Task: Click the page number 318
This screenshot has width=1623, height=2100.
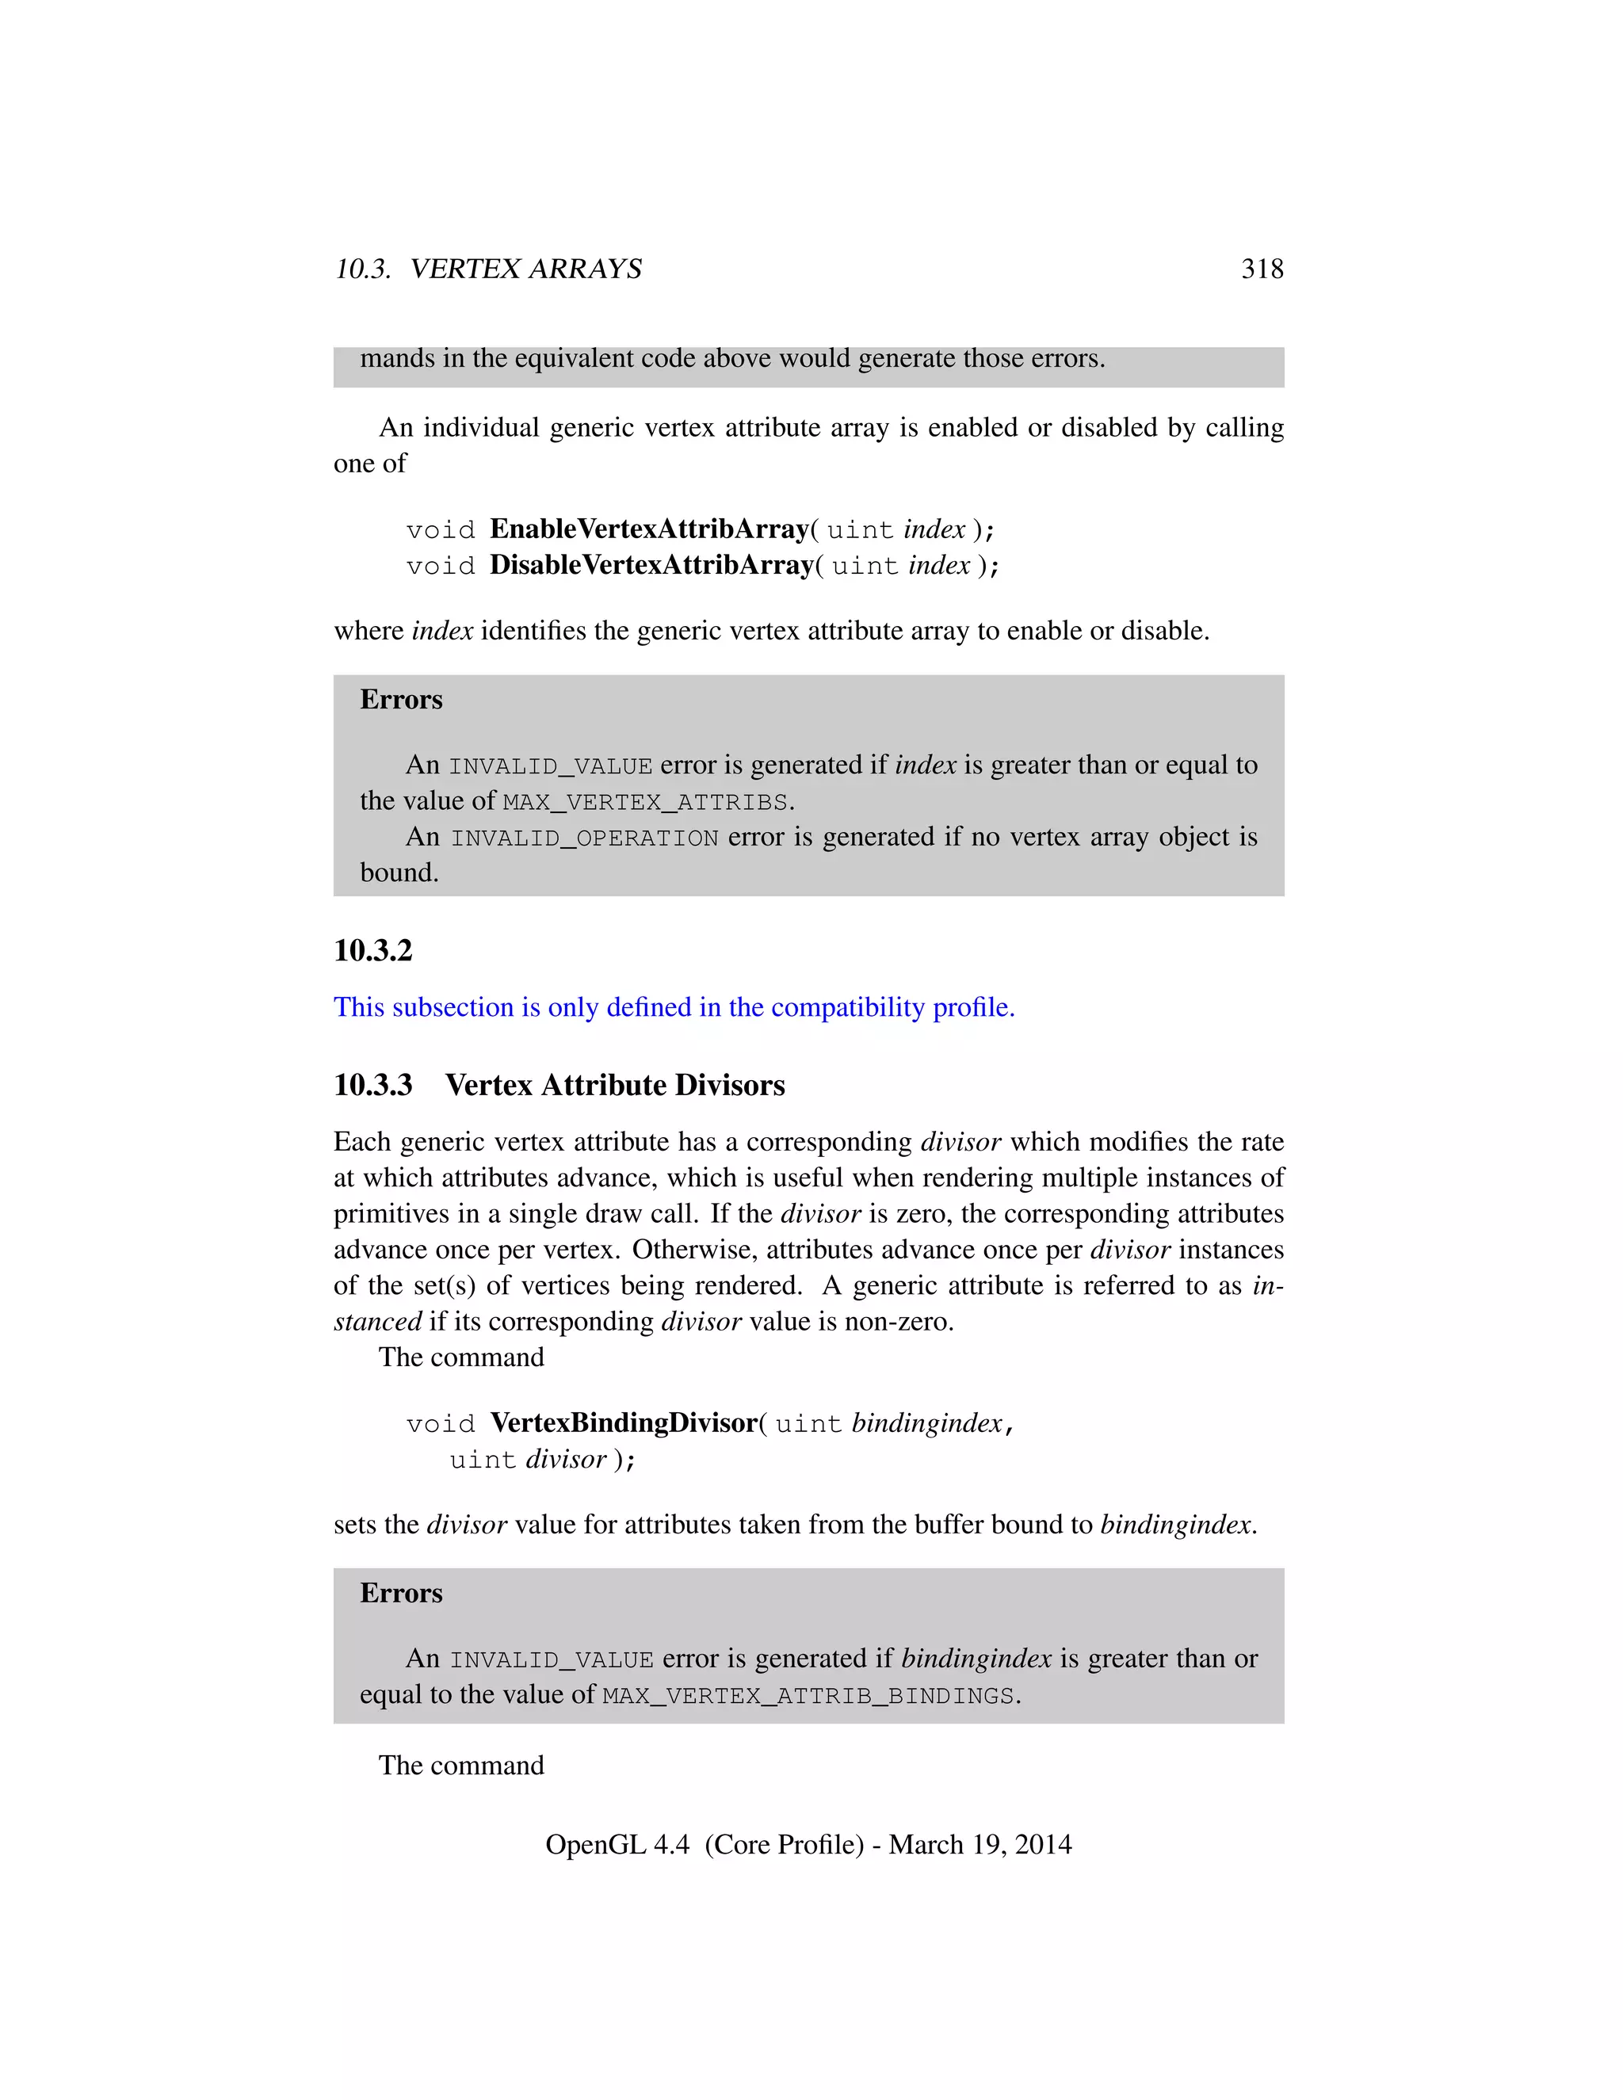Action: click(x=1262, y=269)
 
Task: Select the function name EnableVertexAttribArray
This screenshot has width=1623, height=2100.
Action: click(x=649, y=530)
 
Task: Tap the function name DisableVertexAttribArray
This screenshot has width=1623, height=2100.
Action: click(x=652, y=565)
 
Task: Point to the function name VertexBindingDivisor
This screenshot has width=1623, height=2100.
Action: click(x=624, y=1423)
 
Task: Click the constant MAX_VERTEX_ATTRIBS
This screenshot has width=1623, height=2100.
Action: click(x=645, y=802)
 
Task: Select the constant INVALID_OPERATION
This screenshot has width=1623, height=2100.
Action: click(x=585, y=838)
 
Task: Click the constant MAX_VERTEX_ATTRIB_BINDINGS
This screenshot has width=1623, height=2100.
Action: click(x=808, y=1695)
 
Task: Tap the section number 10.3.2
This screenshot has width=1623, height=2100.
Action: click(x=373, y=951)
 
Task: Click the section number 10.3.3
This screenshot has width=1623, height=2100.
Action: click(x=373, y=1086)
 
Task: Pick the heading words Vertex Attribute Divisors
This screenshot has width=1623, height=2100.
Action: click(x=614, y=1086)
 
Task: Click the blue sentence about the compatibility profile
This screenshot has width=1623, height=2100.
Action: click(x=674, y=1008)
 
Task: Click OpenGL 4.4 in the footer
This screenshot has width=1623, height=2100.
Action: click(x=617, y=1844)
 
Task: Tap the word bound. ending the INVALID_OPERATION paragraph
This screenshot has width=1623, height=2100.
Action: click(x=399, y=873)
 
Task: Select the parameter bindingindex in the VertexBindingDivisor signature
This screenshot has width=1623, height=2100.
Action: click(x=928, y=1423)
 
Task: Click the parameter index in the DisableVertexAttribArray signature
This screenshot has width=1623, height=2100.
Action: click(x=939, y=565)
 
